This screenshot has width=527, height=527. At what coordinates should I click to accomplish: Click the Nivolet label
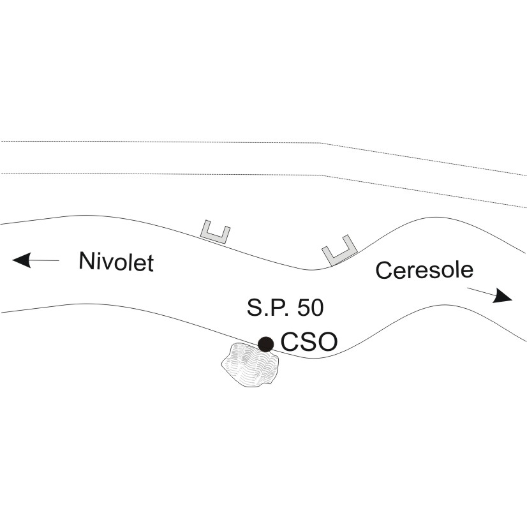116,262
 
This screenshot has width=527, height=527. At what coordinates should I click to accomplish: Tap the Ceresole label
424,270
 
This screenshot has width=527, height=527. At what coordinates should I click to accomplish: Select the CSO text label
309,342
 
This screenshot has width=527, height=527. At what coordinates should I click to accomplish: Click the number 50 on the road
310,308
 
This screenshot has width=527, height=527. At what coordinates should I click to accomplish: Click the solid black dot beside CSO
265,344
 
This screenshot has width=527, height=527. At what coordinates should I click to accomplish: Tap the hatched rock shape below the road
250,365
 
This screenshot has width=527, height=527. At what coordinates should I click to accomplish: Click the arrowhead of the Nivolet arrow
22,260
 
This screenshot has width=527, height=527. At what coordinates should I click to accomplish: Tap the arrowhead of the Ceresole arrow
503,296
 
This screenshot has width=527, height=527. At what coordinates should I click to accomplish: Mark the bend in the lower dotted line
320,175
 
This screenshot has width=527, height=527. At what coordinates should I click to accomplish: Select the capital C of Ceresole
383,271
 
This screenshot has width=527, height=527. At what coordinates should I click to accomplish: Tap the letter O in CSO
328,342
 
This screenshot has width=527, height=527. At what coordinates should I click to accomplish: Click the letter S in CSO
308,342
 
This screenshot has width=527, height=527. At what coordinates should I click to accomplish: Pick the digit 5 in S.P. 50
303,308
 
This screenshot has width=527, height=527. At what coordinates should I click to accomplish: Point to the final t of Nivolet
151,263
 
